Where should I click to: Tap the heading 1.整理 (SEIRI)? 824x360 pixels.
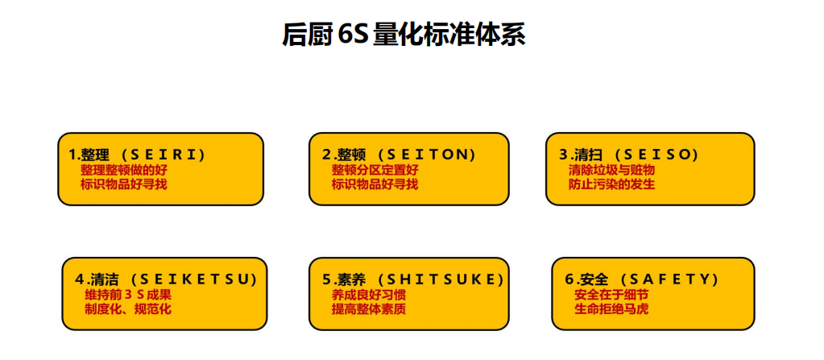[x=138, y=154]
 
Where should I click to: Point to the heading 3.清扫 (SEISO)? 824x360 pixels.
[x=629, y=154]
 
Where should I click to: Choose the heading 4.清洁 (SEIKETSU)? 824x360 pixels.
[x=166, y=279]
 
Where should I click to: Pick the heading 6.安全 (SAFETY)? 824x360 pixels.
[x=642, y=279]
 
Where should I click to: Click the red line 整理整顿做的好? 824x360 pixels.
[x=124, y=170]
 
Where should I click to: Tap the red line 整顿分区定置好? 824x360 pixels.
[x=375, y=170]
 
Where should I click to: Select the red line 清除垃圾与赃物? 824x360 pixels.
[x=611, y=170]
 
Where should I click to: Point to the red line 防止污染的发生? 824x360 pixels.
[x=611, y=184]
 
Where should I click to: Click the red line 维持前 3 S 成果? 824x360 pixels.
[x=128, y=295]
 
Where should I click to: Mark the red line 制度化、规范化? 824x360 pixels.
[x=128, y=309]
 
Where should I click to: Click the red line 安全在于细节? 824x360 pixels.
[x=611, y=295]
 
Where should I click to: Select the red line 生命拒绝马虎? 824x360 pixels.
[x=611, y=309]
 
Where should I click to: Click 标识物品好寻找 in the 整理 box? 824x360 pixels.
[x=124, y=184]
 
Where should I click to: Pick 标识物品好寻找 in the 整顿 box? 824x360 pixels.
[x=375, y=184]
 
